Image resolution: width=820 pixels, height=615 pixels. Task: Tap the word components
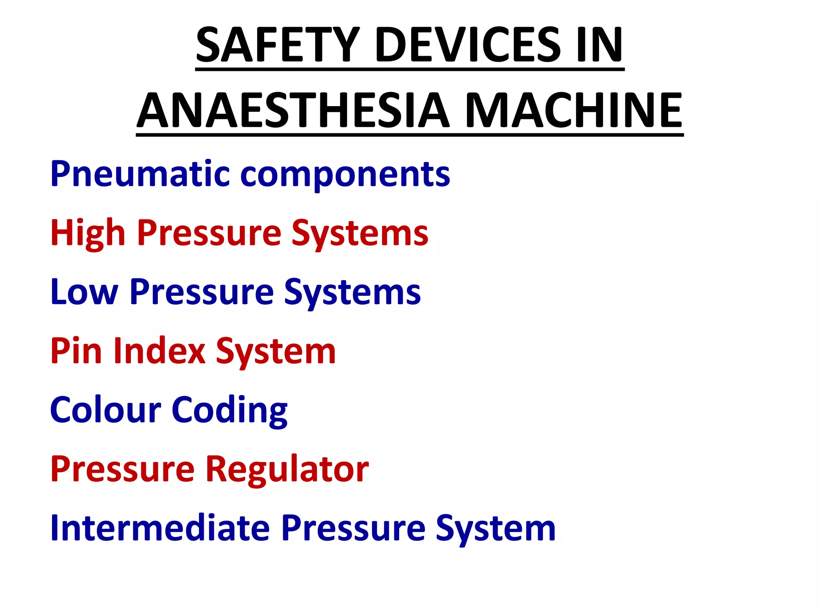(345, 175)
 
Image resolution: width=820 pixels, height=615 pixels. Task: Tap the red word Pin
(76, 351)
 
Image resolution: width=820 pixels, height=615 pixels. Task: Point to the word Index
(159, 351)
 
